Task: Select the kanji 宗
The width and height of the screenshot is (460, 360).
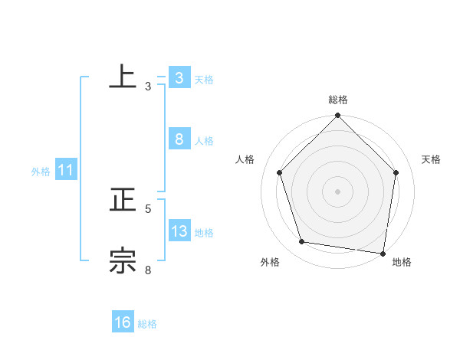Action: coord(123,260)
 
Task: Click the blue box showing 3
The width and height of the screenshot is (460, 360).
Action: coord(179,77)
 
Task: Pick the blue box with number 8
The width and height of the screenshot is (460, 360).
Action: coord(179,139)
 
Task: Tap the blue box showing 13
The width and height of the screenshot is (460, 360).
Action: coord(179,231)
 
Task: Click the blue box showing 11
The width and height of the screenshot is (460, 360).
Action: coord(65,170)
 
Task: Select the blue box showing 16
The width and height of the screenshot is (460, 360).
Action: coord(123,322)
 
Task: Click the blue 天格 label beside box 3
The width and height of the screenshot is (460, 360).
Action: coord(204,79)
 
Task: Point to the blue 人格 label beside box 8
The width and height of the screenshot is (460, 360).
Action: coord(204,140)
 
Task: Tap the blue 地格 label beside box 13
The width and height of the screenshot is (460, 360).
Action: coord(204,232)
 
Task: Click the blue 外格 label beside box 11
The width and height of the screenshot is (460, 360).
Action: coord(41,172)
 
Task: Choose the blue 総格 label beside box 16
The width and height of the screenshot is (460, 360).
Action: coord(147,324)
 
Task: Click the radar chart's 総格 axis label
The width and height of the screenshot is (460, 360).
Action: coord(338,100)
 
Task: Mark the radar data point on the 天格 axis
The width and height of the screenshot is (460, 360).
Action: coord(396,172)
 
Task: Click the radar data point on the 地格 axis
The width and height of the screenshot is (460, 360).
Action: coord(383,253)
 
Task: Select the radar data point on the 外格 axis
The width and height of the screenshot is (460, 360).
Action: coord(302,242)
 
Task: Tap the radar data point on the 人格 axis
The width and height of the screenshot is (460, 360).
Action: coord(279,172)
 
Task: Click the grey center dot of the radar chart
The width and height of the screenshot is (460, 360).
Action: coord(338,191)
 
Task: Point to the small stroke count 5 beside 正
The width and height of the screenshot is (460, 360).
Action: coord(148,208)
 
